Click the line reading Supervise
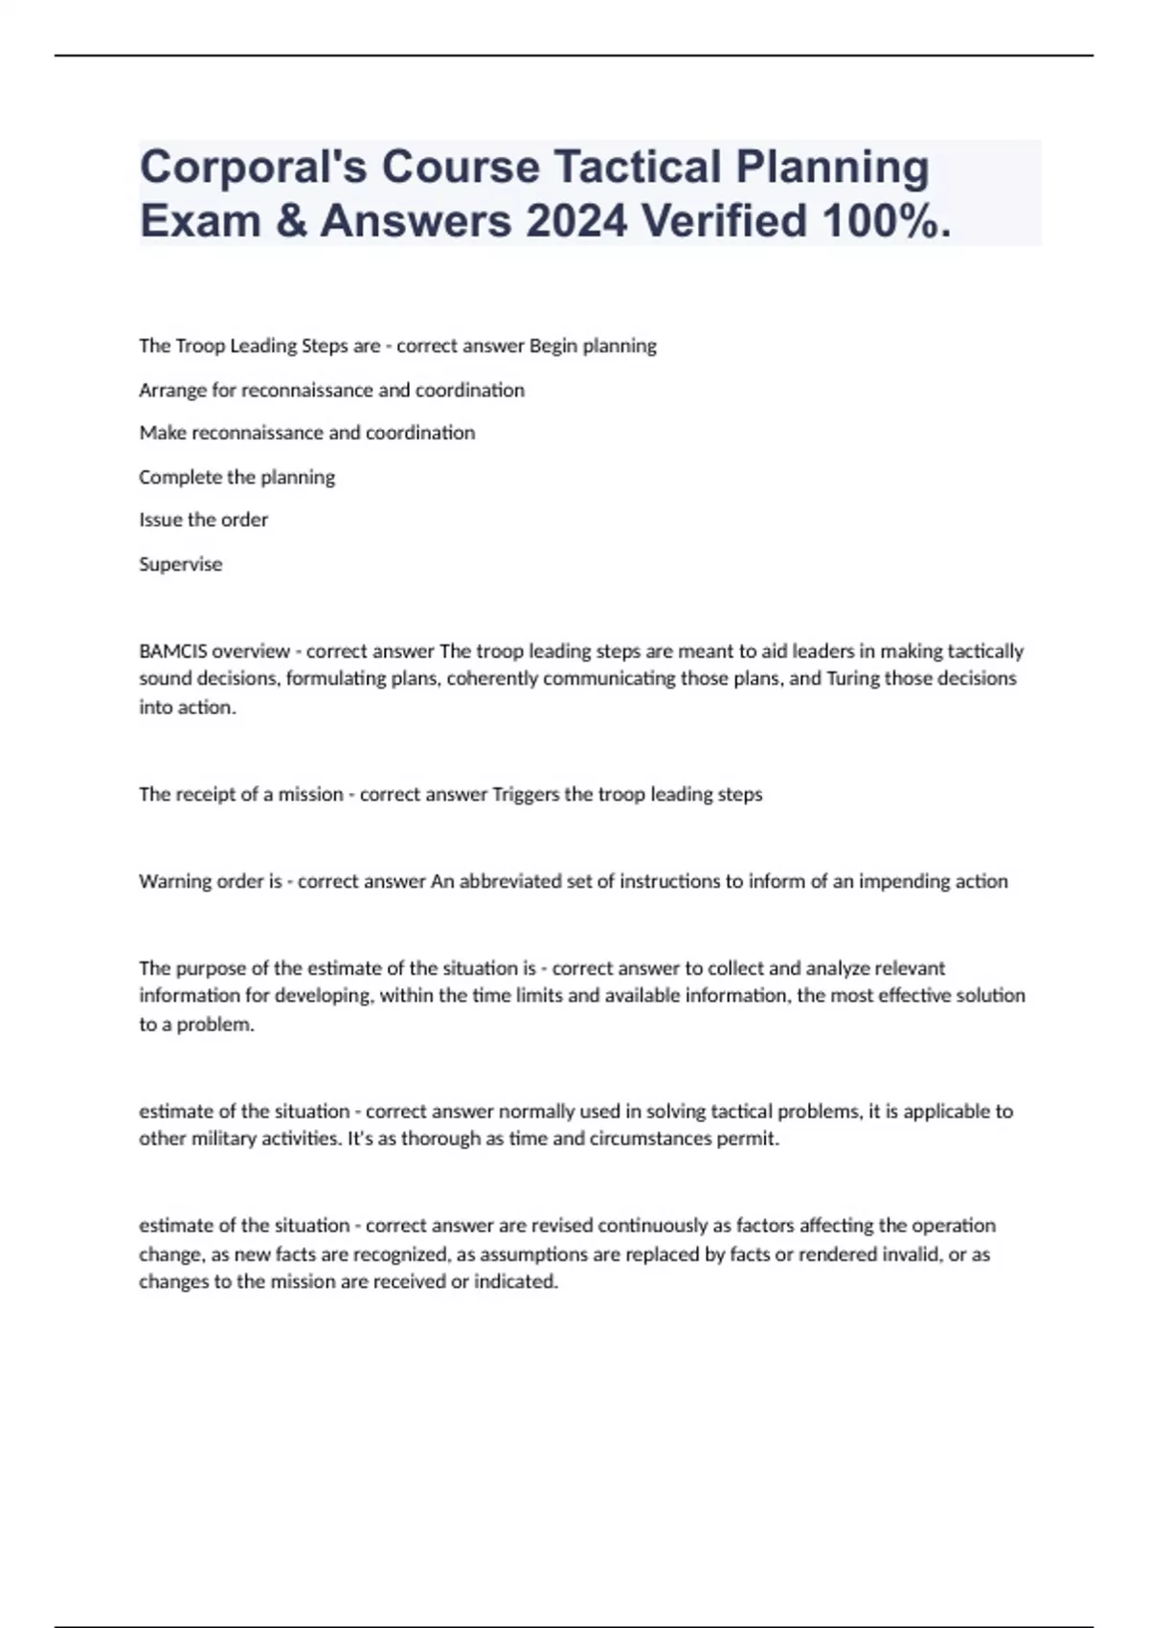tap(180, 564)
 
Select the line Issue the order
tap(203, 520)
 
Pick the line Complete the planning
tap(237, 477)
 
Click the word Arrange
tap(172, 391)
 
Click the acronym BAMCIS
tap(172, 651)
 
